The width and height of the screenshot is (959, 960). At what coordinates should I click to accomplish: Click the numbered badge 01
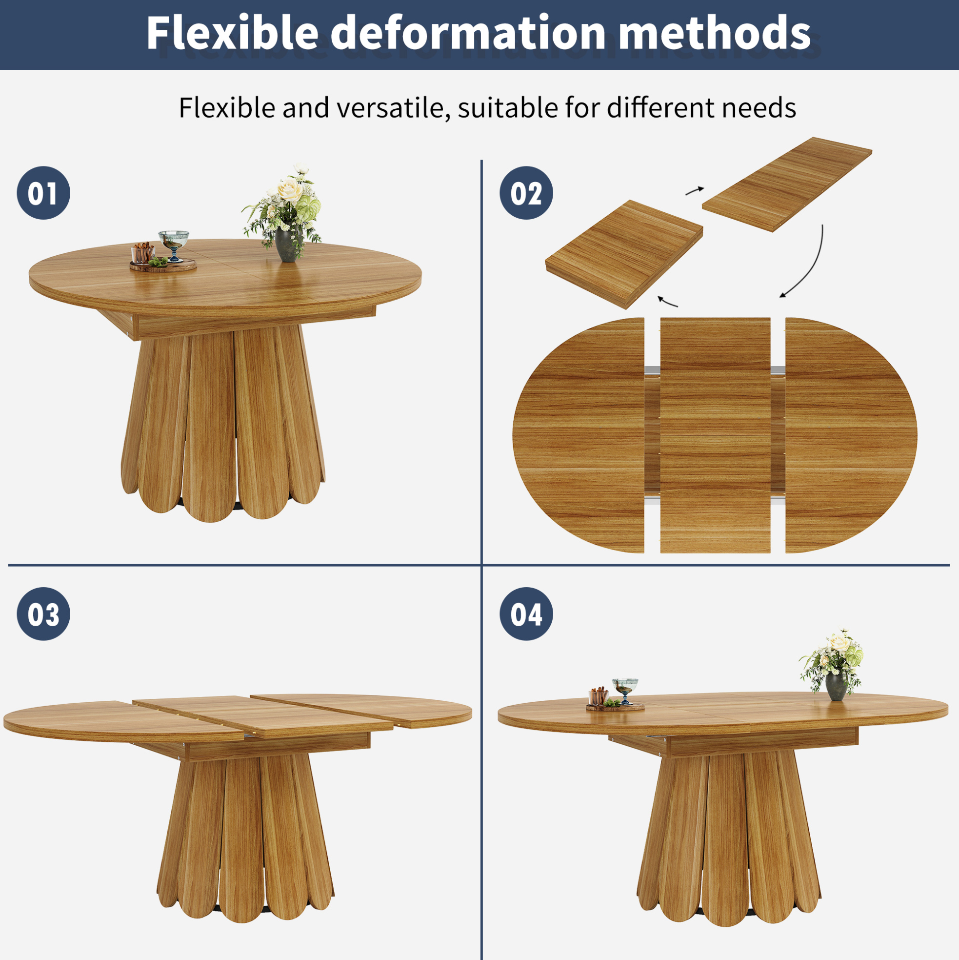(43, 193)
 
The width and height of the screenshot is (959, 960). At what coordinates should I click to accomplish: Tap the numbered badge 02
(526, 193)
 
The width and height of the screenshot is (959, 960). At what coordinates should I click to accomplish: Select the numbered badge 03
(43, 613)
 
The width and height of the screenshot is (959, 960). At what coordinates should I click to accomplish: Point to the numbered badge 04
(526, 613)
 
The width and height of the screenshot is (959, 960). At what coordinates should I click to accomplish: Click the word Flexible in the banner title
(232, 32)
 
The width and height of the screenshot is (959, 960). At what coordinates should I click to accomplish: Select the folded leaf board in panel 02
(624, 254)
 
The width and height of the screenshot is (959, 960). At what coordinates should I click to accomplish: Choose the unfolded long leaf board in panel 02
(787, 184)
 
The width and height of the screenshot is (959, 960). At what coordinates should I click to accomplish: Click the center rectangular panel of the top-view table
(715, 435)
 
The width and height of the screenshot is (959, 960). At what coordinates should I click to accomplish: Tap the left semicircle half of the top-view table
(579, 435)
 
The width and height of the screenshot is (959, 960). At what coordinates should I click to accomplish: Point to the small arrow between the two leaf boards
(695, 190)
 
